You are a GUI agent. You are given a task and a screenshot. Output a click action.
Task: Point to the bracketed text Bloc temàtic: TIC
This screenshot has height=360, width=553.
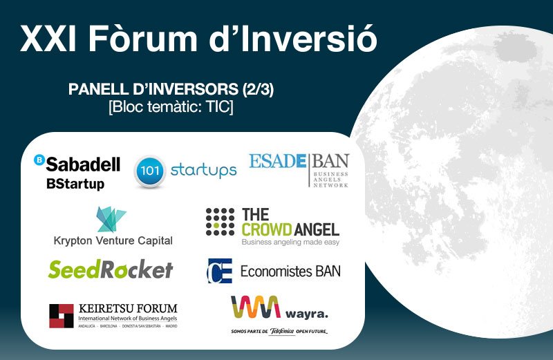tap(171, 107)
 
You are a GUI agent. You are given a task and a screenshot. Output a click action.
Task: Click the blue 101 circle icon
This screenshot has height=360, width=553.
tap(149, 170)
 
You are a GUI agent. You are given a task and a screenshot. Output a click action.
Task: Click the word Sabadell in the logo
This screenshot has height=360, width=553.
tap(83, 164)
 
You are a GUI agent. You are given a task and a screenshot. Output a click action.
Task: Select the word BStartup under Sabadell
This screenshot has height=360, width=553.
tap(75, 184)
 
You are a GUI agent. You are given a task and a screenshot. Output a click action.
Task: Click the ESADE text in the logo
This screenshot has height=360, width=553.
tap(277, 162)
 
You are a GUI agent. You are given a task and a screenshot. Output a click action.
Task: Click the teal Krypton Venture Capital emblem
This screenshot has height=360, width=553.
tap(111, 219)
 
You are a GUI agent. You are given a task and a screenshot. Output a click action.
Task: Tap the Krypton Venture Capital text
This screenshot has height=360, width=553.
tap(113, 241)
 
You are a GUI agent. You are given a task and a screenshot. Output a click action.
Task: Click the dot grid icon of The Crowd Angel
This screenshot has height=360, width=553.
tap(221, 222)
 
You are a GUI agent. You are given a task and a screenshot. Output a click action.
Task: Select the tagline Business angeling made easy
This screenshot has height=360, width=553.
tap(290, 243)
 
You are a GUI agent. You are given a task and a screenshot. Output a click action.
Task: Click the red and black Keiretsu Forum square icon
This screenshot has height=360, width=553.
tap(61, 316)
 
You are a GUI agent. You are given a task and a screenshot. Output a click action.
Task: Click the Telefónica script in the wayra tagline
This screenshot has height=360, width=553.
tap(283, 332)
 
